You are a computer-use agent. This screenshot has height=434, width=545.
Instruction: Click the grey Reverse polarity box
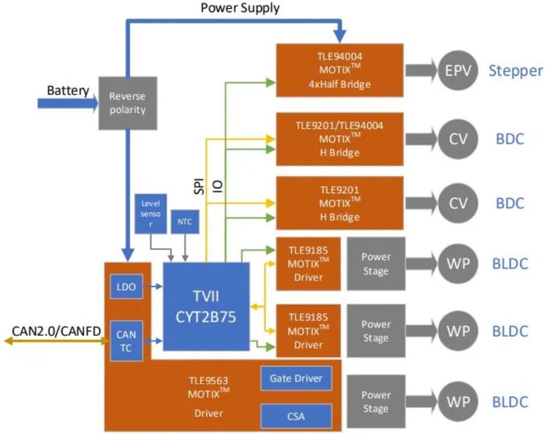tap(127, 103)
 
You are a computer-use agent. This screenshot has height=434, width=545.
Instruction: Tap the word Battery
tap(68, 91)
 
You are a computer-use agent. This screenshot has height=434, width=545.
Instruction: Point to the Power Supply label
tap(240, 8)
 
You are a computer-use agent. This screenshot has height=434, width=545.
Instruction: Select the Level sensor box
tap(150, 213)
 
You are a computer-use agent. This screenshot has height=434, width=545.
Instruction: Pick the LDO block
tap(126, 287)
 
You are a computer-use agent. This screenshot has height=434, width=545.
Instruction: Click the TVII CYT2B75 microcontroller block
tap(206, 306)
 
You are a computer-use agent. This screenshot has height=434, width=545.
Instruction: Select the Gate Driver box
tap(296, 378)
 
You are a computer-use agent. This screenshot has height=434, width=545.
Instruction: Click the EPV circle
tap(458, 71)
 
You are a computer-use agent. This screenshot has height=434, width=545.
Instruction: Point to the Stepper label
tap(516, 71)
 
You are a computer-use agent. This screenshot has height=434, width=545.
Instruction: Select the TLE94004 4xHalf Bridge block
tap(339, 70)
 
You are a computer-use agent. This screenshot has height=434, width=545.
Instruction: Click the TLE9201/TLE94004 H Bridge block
tap(339, 138)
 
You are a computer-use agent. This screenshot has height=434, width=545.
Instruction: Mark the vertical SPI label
tap(199, 186)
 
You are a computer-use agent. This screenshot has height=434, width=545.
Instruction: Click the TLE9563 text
tap(208, 380)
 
